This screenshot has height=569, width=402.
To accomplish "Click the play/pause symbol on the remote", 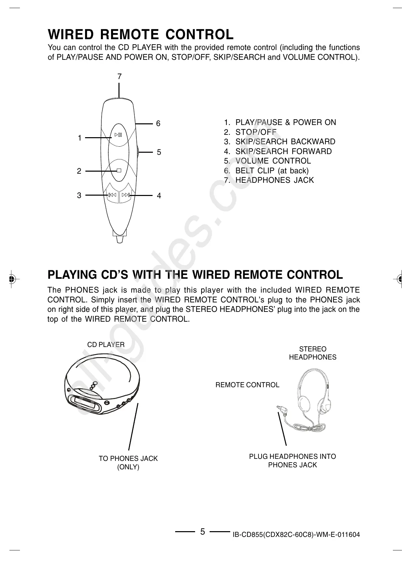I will click(x=118, y=135).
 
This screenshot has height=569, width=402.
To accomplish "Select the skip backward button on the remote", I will click(x=112, y=195).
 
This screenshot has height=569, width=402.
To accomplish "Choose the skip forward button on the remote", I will click(x=126, y=195).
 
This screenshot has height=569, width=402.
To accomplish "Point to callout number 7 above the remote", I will click(x=119, y=77).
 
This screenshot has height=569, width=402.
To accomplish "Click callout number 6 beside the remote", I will click(x=158, y=124).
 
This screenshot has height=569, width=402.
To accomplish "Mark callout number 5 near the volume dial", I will click(x=159, y=152).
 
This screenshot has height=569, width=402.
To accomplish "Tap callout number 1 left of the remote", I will click(x=79, y=138).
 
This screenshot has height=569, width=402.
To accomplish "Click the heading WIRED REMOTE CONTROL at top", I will click(x=140, y=34).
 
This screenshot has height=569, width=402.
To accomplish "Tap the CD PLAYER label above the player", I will click(x=106, y=345).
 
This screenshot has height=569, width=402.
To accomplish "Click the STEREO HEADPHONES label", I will click(x=313, y=353).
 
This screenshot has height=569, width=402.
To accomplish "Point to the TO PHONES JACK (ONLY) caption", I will click(x=128, y=463).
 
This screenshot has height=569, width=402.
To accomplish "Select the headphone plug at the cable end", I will click(x=281, y=411).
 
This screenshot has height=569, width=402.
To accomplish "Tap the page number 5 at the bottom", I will click(x=202, y=532).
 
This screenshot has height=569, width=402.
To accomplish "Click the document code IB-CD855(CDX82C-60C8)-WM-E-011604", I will click(x=296, y=535).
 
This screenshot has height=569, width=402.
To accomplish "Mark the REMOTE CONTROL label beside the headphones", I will click(x=247, y=385).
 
